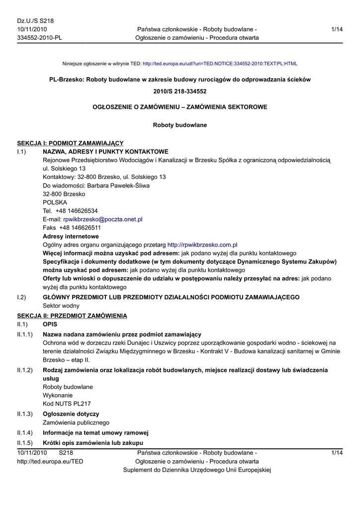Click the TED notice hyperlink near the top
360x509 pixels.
coord(220,64)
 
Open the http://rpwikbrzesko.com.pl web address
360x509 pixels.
coord(202,245)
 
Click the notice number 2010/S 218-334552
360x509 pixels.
coord(180,91)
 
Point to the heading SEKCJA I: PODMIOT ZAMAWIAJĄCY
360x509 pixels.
coord(71,143)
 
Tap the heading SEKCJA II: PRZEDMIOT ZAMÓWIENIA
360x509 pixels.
coord(72,316)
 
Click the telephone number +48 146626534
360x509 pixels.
coord(77,211)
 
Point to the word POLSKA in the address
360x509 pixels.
coord(55,202)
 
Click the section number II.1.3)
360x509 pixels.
coord(25,414)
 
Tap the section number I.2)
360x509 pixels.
coord(21,297)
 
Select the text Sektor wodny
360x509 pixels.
coord(61,306)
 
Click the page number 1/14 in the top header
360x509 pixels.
coord(337,29)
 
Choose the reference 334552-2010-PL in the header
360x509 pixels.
coord(40,38)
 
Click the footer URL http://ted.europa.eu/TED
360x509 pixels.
coord(50,461)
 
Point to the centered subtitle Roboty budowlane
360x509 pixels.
coord(180,125)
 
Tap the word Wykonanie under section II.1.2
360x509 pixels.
coord(58,395)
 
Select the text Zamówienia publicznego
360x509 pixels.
coord(76,423)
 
